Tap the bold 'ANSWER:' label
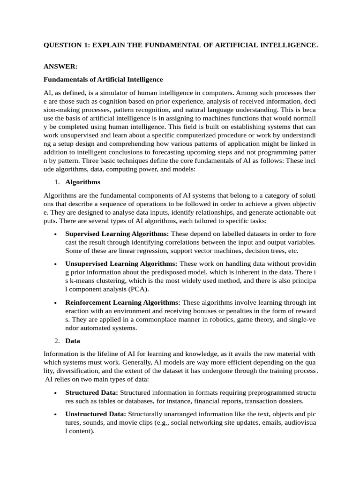pos(60,67)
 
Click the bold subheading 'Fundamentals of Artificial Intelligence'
pos(103,80)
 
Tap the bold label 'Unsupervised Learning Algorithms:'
pos(121,264)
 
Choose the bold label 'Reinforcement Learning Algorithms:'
pos(122,303)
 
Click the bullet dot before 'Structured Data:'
pos(56,392)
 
